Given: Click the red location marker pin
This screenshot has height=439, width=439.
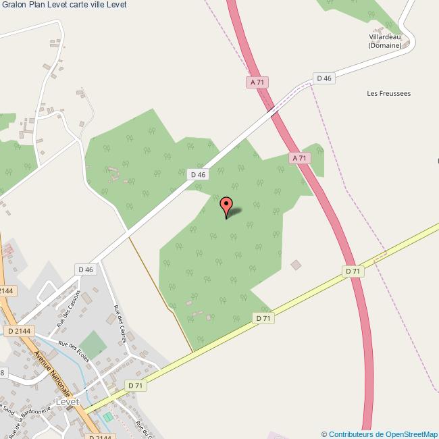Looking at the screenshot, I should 226,205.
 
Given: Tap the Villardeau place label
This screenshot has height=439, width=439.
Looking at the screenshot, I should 385,37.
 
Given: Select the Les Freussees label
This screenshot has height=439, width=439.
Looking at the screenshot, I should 388,93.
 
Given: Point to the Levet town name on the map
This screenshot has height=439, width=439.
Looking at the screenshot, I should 68,401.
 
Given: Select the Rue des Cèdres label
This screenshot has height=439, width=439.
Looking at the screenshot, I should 120,325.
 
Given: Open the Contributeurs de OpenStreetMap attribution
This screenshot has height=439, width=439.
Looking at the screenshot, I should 380,434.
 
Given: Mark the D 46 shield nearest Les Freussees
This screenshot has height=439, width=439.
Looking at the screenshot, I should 324,78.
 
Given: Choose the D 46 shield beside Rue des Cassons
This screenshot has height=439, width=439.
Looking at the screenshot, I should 85,269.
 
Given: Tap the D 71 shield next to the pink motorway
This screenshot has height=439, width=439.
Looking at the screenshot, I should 353,271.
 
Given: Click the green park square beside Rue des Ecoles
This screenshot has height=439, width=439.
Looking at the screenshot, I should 93,342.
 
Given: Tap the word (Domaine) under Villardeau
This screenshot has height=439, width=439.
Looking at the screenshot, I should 385,46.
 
